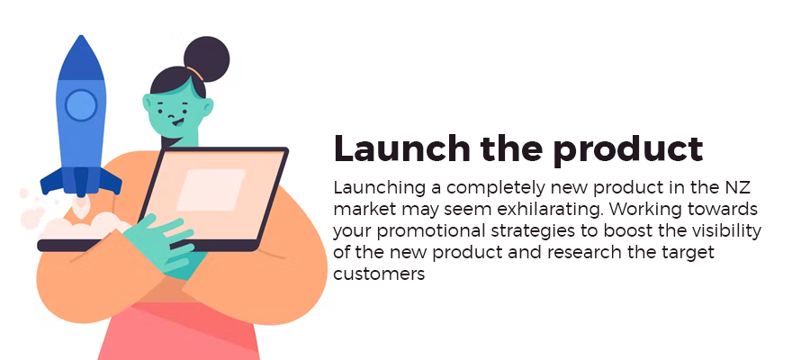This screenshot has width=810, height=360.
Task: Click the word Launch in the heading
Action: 402,148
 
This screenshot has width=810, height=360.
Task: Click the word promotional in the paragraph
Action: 431,232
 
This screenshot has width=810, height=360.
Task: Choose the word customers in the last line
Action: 379,274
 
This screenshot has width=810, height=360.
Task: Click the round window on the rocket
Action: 81,104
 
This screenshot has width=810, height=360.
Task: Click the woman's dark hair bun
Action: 207,58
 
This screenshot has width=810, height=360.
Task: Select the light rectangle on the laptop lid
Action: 211,190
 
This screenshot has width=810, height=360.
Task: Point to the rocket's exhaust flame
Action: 80,205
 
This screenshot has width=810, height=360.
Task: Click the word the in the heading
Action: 511,148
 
